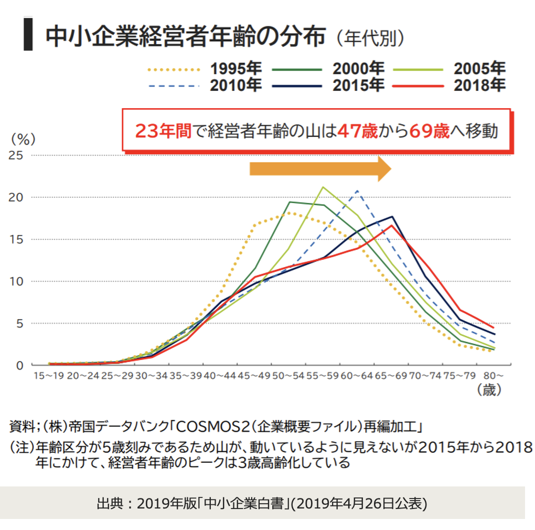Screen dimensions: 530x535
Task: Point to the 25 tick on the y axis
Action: [x=17, y=155]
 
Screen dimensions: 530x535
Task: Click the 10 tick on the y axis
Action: [x=17, y=281]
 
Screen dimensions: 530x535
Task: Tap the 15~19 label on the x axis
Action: [x=49, y=376]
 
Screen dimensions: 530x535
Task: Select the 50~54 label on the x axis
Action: [x=288, y=376]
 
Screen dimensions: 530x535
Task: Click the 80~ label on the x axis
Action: [x=493, y=376]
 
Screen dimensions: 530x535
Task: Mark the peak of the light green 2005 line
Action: [x=323, y=187]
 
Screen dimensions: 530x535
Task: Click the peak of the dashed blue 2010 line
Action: [x=358, y=190]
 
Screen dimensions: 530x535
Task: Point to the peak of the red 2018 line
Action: [x=391, y=225]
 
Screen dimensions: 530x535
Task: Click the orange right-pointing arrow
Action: [x=320, y=168]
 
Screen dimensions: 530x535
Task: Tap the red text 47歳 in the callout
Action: [x=357, y=131]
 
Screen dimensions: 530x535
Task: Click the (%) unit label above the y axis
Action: [x=23, y=139]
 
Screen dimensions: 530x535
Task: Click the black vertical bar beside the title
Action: [x=28, y=35]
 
